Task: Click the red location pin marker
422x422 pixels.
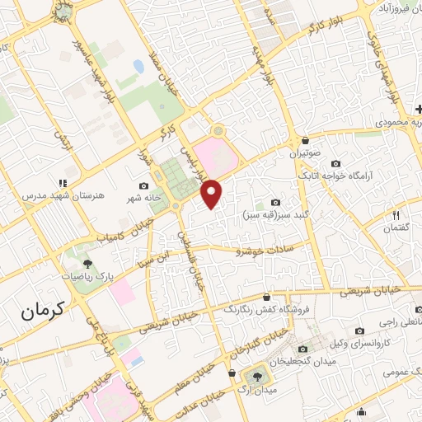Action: (x=213, y=193)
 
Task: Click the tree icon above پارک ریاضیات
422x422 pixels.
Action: (x=87, y=264)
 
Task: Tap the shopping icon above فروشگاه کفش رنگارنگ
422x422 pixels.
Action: (x=265, y=298)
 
